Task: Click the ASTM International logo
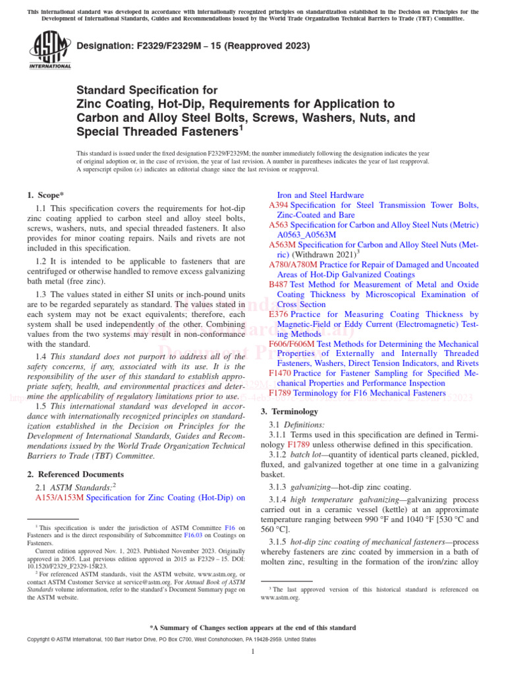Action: click(49, 51)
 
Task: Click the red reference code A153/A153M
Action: click(59, 498)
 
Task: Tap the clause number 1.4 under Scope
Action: click(40, 357)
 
